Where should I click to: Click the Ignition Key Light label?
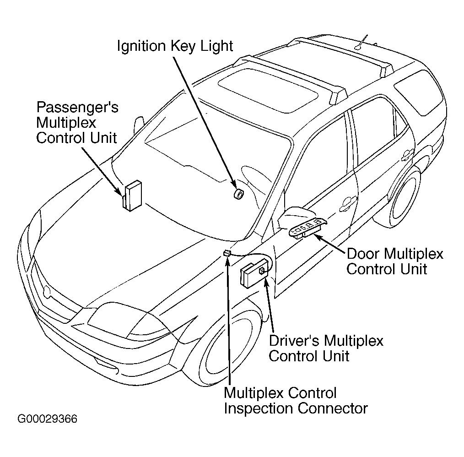coord(175,46)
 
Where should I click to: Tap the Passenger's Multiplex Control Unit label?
coord(77,122)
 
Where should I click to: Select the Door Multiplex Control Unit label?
coord(395,261)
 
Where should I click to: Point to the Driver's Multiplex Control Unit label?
coord(326,348)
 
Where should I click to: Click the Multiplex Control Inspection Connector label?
coord(296,401)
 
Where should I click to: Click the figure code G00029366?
coord(47,419)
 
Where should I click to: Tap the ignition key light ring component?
coord(238,194)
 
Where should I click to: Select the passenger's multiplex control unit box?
coord(132,196)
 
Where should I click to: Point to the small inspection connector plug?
coord(227,253)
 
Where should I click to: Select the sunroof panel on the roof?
coord(268,90)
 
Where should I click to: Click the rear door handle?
coord(408,155)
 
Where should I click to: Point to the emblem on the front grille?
coord(47,292)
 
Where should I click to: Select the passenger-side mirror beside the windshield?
coord(139,125)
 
